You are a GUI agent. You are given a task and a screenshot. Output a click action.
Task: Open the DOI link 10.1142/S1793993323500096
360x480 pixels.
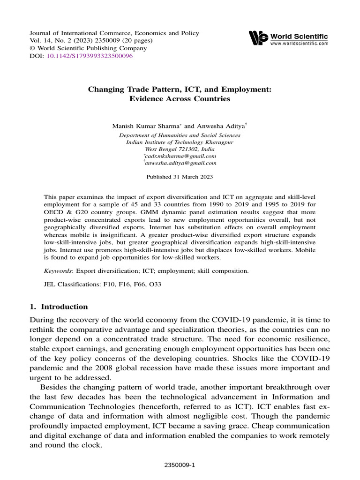[x=90, y=56]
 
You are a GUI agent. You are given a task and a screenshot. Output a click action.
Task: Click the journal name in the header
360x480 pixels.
[x=114, y=33]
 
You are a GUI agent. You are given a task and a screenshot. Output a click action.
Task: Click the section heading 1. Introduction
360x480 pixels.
[x=59, y=307]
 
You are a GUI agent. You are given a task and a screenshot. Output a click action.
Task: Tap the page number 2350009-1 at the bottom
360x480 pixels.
[x=180, y=465]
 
